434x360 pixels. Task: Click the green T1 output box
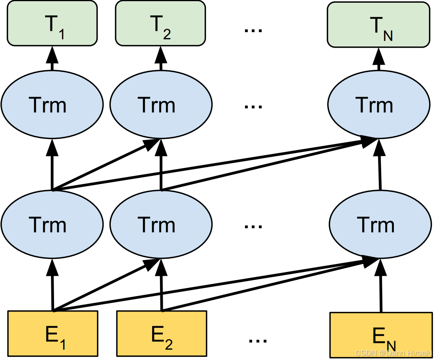point(52,23)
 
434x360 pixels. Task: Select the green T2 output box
point(160,23)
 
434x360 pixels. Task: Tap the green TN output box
point(378,24)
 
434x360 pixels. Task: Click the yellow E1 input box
point(52,333)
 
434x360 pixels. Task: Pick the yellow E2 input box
point(161,333)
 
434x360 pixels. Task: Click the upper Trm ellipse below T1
point(52,105)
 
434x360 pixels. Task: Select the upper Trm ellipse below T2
point(160,105)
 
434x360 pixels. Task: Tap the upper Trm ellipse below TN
point(378,105)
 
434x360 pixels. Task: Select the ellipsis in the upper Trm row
point(253,107)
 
